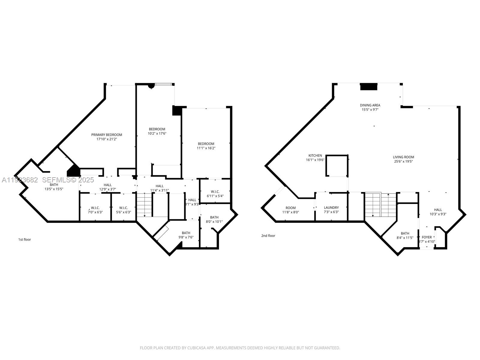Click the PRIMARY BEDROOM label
pos(106,135)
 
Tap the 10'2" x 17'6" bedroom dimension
pos(157,133)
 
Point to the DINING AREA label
pos(370,105)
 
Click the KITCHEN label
pos(315,155)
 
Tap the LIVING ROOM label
pos(403,157)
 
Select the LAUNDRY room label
pos(331,208)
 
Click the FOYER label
pos(427,237)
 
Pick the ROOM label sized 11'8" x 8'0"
pos(290,208)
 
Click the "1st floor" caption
pos(25,239)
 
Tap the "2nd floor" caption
pos(268,235)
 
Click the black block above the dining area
pos(368,87)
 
